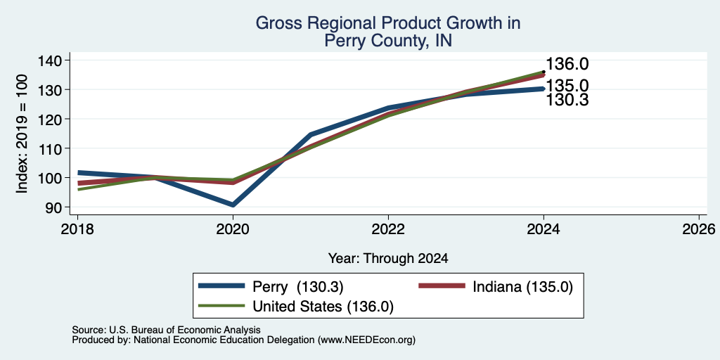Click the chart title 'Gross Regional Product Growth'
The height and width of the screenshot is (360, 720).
click(388, 23)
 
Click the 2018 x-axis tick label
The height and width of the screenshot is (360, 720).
click(77, 229)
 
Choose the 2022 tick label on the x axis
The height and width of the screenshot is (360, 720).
click(388, 229)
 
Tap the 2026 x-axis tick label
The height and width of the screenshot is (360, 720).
click(699, 229)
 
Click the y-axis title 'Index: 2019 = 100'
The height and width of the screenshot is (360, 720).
click(22, 134)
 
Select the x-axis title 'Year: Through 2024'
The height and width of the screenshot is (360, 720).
click(388, 259)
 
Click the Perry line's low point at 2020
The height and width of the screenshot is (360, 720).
click(233, 205)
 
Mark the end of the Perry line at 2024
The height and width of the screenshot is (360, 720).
click(544, 89)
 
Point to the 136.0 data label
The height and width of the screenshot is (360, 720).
click(567, 64)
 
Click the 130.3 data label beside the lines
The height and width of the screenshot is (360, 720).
click(567, 100)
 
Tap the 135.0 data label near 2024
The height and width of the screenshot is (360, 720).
click(567, 86)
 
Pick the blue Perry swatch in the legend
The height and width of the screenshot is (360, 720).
click(221, 286)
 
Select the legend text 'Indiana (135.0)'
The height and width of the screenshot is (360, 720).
click(523, 287)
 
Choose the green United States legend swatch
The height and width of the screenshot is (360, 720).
click(221, 306)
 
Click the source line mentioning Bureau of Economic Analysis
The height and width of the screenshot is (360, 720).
click(166, 330)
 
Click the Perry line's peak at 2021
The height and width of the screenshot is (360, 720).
click(311, 134)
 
